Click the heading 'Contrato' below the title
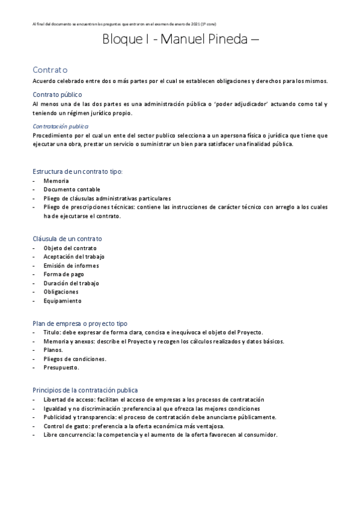(x=50, y=70)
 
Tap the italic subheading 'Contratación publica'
(x=60, y=126)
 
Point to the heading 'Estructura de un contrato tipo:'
(x=78, y=171)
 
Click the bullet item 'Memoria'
(x=56, y=180)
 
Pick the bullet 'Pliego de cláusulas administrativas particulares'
(x=107, y=198)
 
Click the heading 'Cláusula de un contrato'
(x=67, y=239)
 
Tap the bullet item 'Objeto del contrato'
(x=70, y=248)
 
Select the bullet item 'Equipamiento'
(x=62, y=301)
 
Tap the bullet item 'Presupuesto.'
(x=61, y=367)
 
